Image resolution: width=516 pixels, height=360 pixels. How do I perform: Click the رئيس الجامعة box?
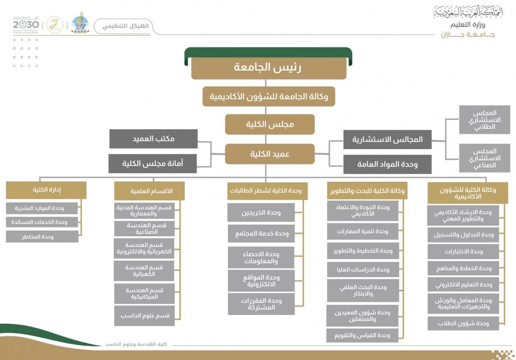coord(269,68)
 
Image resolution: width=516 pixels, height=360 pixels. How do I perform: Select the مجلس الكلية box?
coord(270,125)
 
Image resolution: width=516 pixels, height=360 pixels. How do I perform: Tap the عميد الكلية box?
coord(270,154)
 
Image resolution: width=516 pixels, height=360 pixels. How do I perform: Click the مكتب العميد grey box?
coord(154,139)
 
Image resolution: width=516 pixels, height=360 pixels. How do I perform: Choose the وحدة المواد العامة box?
coord(387,164)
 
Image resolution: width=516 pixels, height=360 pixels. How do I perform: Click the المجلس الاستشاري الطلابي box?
coord(484,120)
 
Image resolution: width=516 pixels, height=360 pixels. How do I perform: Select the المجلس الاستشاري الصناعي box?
coord(484,158)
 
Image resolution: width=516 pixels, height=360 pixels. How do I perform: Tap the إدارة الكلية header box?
coord(46,189)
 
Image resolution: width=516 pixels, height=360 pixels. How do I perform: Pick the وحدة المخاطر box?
coord(42,237)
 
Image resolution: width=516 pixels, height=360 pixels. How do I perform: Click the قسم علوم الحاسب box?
coord(144,316)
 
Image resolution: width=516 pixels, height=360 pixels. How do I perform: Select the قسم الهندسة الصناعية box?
coord(144,229)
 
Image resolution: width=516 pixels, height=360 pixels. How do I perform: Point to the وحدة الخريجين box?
coord(261,213)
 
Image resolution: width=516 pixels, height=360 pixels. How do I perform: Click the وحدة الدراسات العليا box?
coord(363,270)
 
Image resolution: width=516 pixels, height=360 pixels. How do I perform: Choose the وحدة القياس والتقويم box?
coord(362,335)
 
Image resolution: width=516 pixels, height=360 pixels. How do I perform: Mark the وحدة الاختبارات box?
coord(463,252)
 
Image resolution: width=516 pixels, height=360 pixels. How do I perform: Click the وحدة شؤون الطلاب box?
coord(463,323)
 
